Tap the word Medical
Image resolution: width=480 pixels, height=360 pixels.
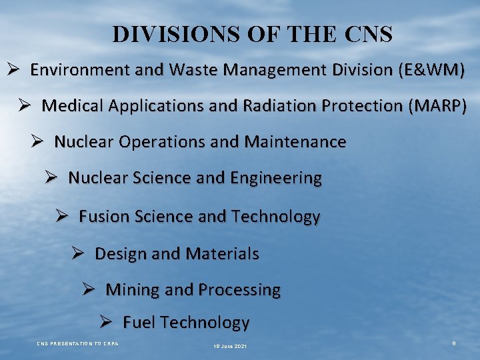[x=69, y=106]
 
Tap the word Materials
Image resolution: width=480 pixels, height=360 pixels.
[x=223, y=254]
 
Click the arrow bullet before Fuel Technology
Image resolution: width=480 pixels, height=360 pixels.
[x=107, y=322]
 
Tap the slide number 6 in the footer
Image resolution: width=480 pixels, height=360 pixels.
[x=453, y=343]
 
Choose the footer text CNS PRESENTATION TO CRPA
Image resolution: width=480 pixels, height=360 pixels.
[x=77, y=343]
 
